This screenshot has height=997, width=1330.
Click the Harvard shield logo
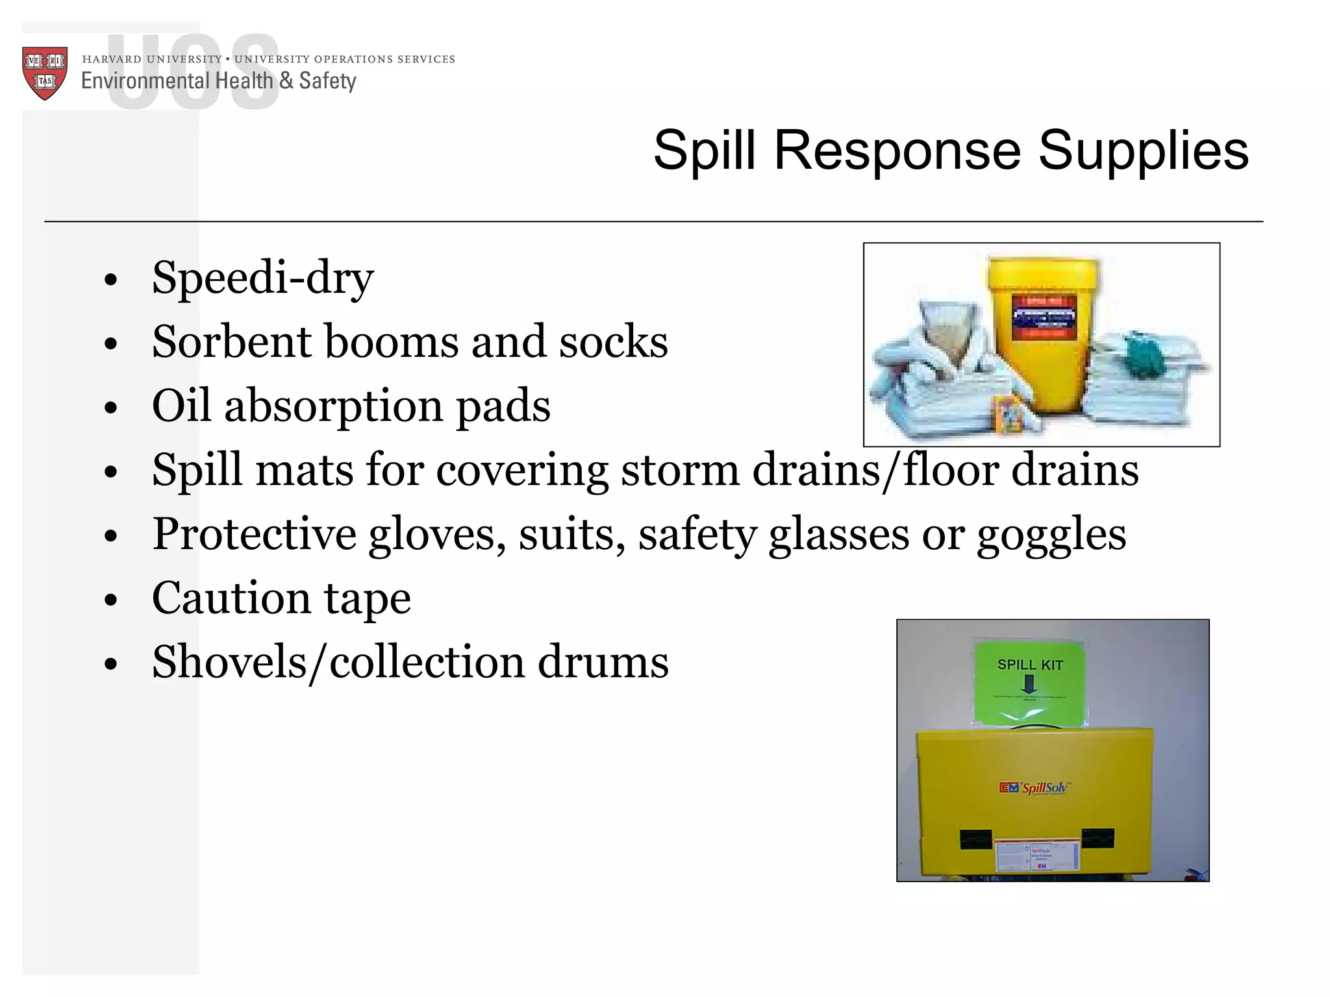point(45,73)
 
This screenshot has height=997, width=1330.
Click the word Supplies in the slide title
point(1143,151)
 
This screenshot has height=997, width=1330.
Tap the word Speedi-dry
point(262,278)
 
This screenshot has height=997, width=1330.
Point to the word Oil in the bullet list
point(181,405)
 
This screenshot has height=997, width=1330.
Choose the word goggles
point(1051,534)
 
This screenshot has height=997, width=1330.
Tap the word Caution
point(231,598)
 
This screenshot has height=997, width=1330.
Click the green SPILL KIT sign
point(1029,682)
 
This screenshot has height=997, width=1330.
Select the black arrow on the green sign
point(1029,684)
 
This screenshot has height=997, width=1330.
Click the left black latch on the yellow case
point(975,839)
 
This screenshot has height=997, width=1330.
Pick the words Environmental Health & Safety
point(218,81)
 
